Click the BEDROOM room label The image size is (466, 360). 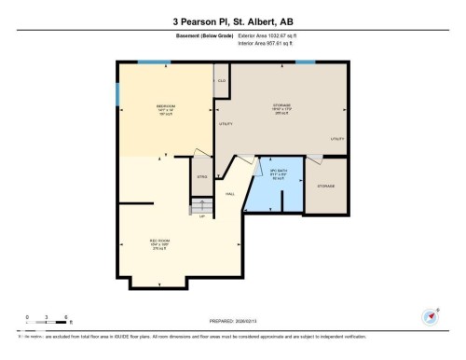(x=166, y=107)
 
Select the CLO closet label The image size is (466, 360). (x=222, y=81)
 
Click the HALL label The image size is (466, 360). (x=230, y=193)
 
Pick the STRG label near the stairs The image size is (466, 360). (x=201, y=176)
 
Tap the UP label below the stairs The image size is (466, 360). (x=201, y=216)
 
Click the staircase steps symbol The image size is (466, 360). (x=201, y=204)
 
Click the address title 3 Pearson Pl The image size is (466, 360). (x=233, y=21)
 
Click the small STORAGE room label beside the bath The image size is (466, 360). (x=325, y=186)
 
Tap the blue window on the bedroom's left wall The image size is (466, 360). (x=117, y=94)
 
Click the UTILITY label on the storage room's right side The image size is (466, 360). (x=336, y=139)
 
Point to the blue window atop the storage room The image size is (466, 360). (x=305, y=62)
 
